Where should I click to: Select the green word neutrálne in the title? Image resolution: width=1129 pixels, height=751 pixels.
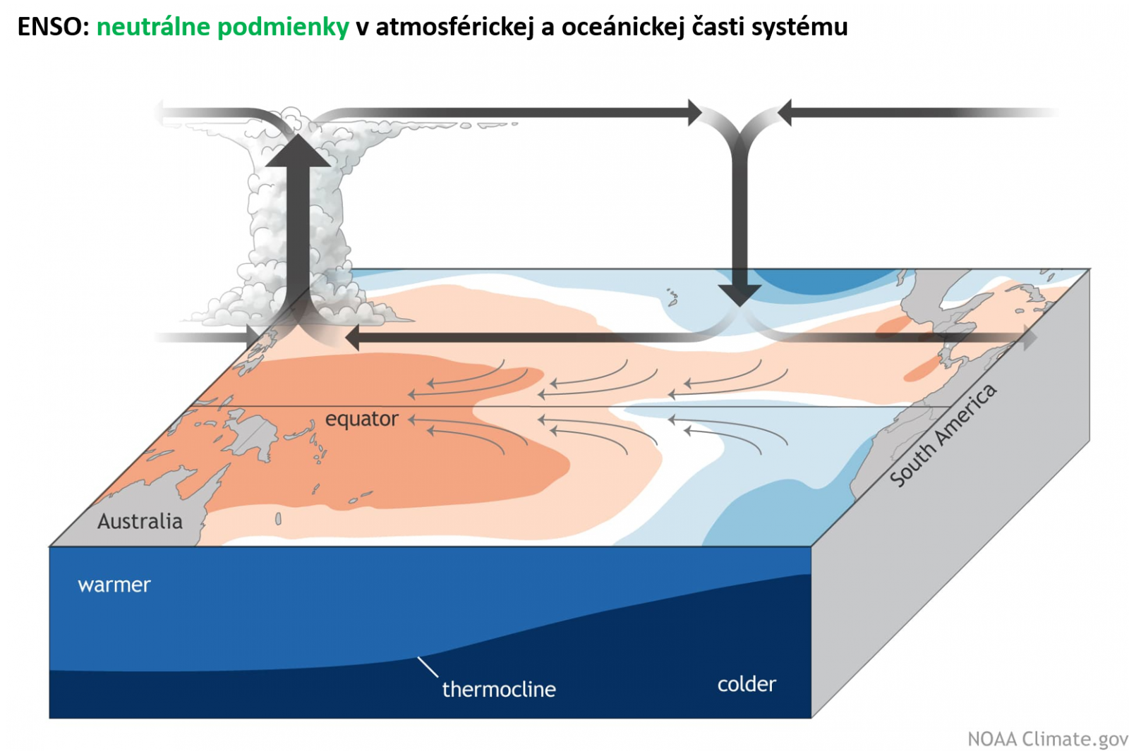click(x=153, y=27)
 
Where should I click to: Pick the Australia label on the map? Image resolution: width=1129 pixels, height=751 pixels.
click(x=140, y=522)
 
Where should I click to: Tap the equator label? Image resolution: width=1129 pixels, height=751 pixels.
click(x=361, y=419)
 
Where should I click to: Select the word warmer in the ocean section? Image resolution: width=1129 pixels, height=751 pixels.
click(x=114, y=585)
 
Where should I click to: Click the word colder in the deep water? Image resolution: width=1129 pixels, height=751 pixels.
click(x=747, y=684)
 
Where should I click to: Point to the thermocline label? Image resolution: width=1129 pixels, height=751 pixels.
click(x=499, y=689)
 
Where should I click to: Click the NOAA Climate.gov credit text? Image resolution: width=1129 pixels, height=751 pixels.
click(x=1047, y=738)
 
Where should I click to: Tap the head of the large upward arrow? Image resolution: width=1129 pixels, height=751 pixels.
click(x=298, y=152)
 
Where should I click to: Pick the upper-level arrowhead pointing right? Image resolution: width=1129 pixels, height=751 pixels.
click(x=695, y=112)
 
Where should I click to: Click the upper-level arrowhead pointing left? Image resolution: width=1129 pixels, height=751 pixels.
click(x=784, y=112)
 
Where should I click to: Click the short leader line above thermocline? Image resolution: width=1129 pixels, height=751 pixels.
click(x=428, y=667)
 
